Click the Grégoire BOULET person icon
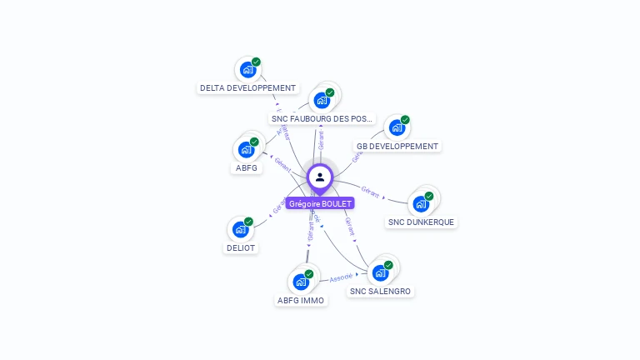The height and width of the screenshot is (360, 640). pyautogui.click(x=320, y=177)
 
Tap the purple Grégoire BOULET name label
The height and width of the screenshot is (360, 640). pyautogui.click(x=320, y=203)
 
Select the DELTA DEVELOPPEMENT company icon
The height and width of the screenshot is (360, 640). pyautogui.click(x=247, y=70)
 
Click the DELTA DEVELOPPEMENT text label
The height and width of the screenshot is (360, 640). pyautogui.click(x=248, y=87)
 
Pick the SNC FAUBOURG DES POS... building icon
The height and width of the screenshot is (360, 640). pyautogui.click(x=321, y=101)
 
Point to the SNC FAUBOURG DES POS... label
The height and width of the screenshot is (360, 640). pyautogui.click(x=322, y=118)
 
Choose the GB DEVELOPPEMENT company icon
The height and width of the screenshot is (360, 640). pyautogui.click(x=397, y=127)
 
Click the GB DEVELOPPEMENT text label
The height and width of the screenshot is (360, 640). pyautogui.click(x=397, y=146)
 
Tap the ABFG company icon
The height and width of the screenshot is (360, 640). pyautogui.click(x=246, y=150)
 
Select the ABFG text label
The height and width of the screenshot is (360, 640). pyautogui.click(x=246, y=167)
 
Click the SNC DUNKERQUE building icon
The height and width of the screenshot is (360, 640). pyautogui.click(x=421, y=204)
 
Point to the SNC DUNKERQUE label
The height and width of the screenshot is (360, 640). pyautogui.click(x=422, y=222)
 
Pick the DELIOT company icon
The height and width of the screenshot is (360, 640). pyautogui.click(x=241, y=229)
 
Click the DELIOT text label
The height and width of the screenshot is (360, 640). pyautogui.click(x=241, y=247)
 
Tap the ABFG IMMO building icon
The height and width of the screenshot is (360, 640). pyautogui.click(x=301, y=282)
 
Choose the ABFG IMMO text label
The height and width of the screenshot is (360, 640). pyautogui.click(x=301, y=300)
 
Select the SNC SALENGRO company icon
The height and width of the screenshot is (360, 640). pyautogui.click(x=380, y=272)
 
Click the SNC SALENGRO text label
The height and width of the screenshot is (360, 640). pyautogui.click(x=380, y=291)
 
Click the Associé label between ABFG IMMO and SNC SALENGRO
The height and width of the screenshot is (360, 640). pyautogui.click(x=341, y=277)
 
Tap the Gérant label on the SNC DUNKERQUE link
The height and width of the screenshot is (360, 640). pyautogui.click(x=371, y=193)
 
